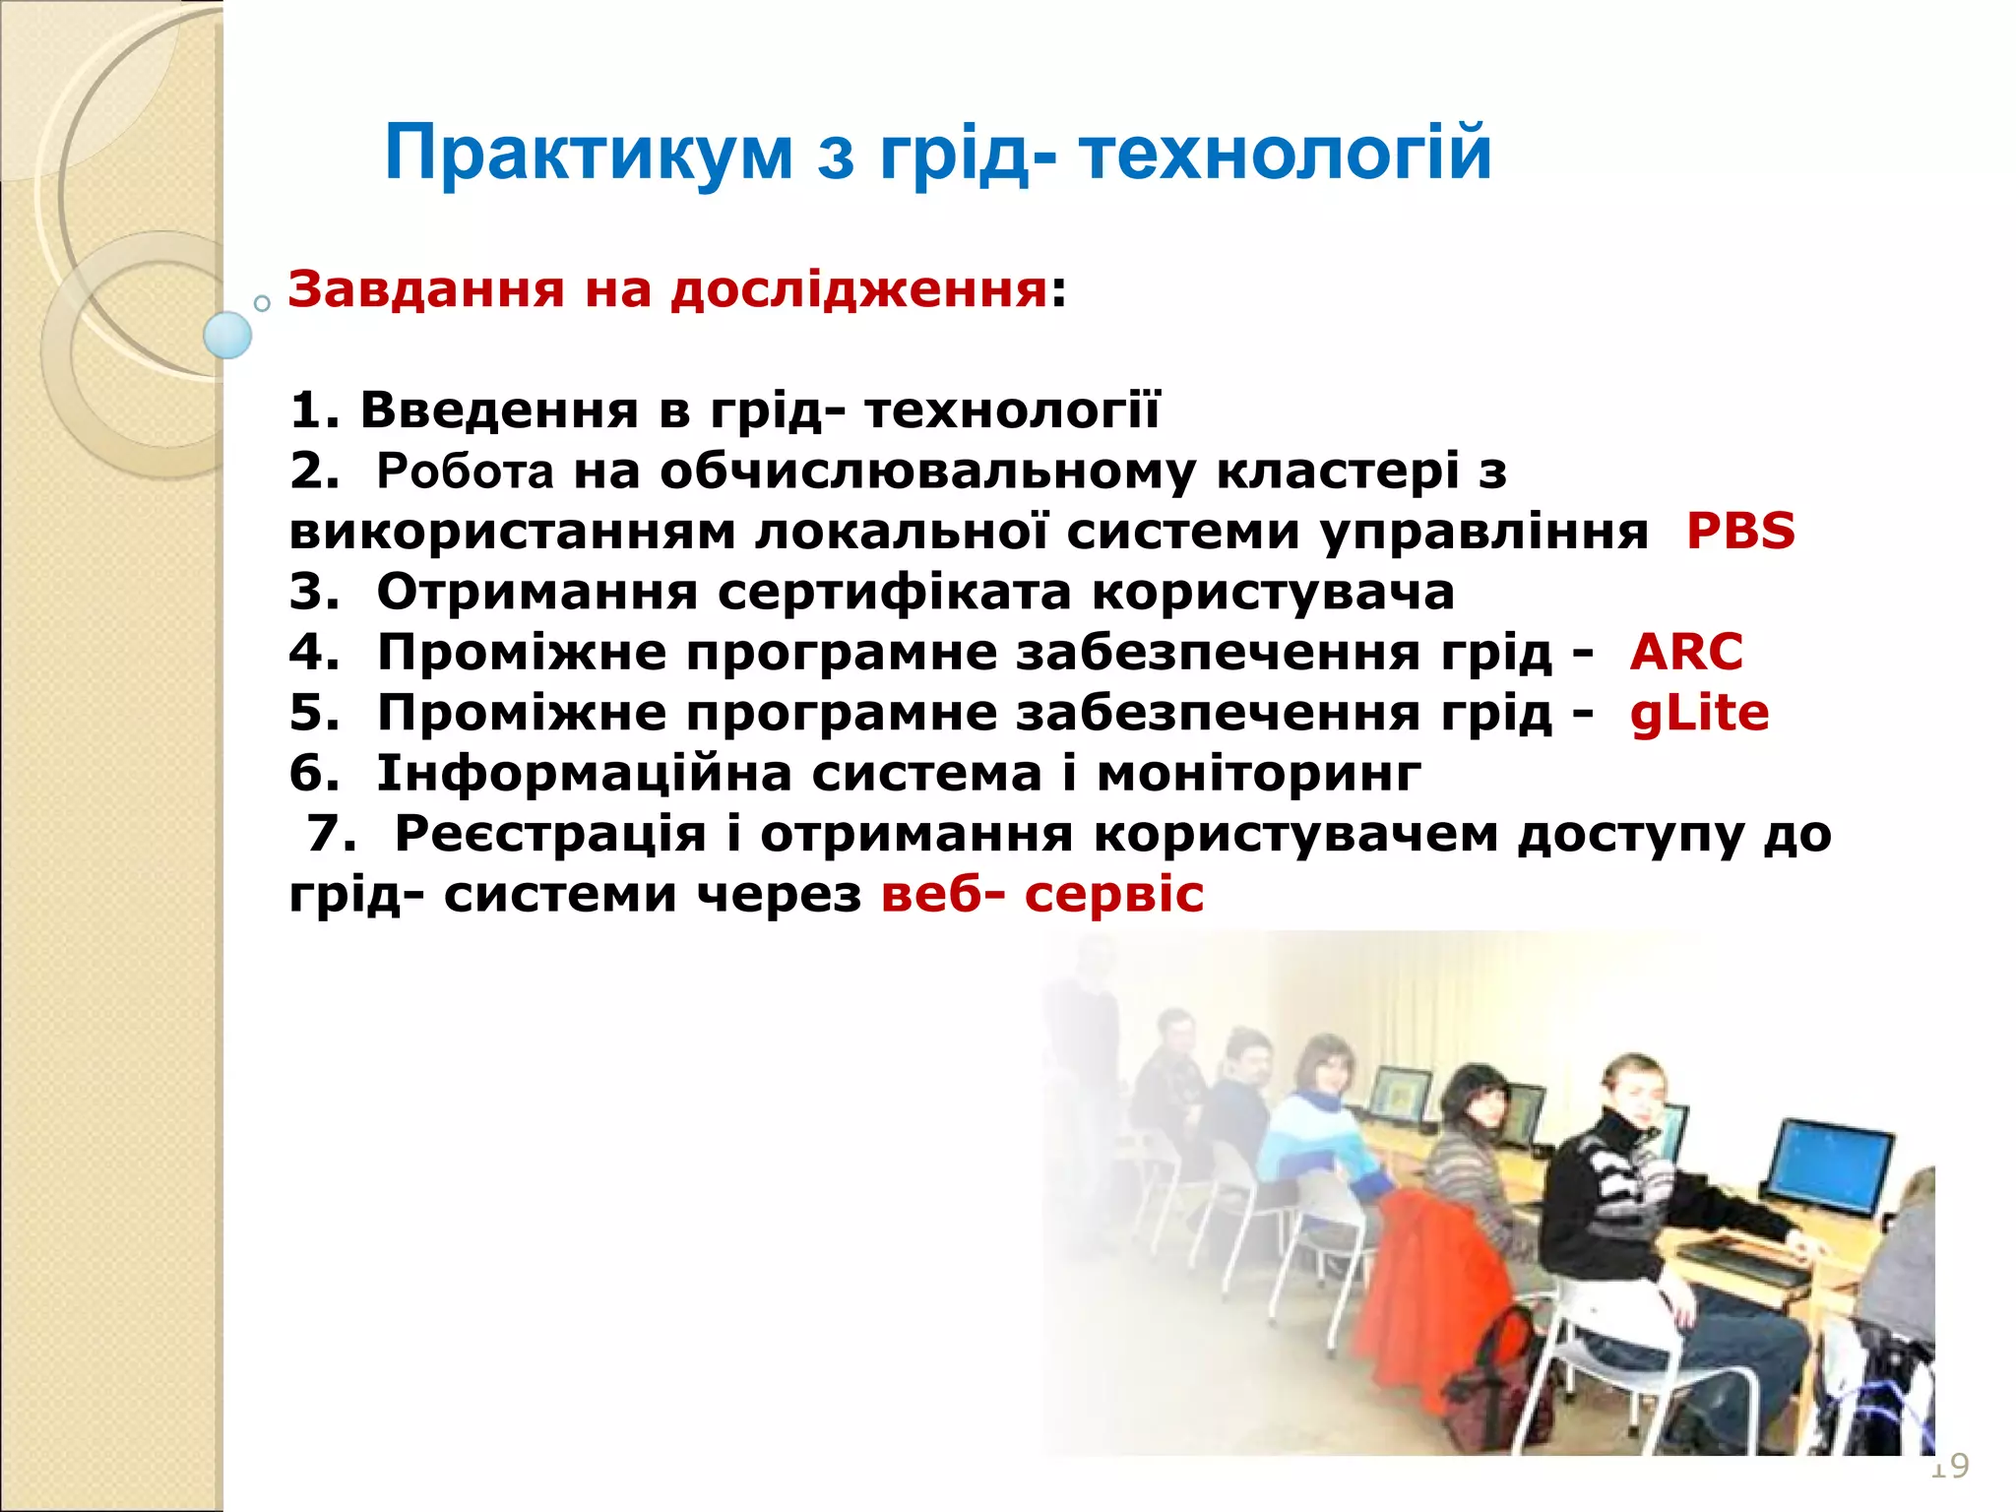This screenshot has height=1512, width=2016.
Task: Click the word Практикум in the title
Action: click(588, 153)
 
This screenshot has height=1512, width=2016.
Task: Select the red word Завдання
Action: click(425, 289)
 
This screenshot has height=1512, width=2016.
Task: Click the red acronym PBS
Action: click(1739, 531)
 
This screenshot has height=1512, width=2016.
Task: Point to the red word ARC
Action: click(1685, 652)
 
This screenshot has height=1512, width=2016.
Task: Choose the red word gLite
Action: click(1698, 713)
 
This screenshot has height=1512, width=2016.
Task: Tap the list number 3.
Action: click(313, 592)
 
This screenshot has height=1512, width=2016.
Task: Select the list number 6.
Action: click(313, 773)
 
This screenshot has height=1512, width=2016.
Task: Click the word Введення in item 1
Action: click(499, 409)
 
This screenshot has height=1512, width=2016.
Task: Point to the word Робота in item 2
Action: click(465, 472)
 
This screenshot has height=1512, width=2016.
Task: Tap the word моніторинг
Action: click(1258, 773)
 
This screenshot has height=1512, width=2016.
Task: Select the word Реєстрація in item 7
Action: click(550, 834)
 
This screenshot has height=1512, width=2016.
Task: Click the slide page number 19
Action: click(1948, 1466)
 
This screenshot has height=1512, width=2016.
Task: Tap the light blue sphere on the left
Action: click(227, 335)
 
